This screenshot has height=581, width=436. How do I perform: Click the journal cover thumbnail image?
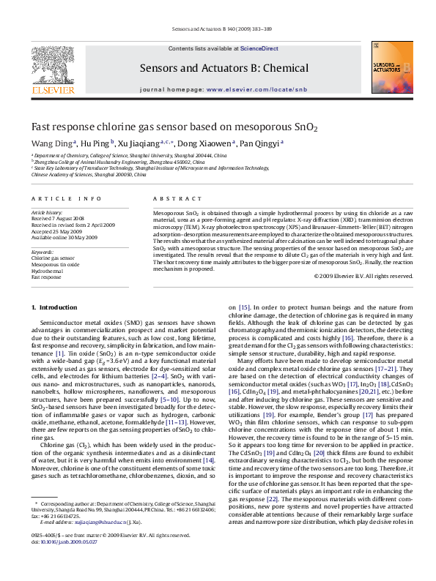(388, 67)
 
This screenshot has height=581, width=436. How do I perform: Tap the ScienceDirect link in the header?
(262, 48)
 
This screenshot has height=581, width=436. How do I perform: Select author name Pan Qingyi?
(260, 143)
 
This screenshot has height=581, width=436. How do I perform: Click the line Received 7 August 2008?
(58, 218)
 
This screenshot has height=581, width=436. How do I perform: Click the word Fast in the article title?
(41, 126)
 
